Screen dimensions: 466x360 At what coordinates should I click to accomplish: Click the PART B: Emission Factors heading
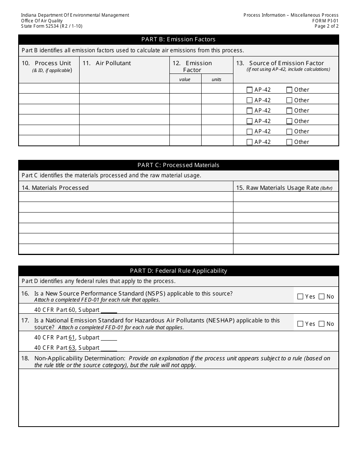pyautogui.click(x=178, y=39)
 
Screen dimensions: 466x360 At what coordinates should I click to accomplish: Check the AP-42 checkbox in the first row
pyautogui.click(x=249, y=90)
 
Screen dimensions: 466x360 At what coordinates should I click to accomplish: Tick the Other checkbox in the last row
pyautogui.click(x=290, y=142)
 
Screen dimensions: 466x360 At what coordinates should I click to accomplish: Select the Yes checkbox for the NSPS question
pyautogui.click(x=301, y=297)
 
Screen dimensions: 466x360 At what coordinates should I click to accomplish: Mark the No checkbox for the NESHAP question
pyautogui.click(x=322, y=324)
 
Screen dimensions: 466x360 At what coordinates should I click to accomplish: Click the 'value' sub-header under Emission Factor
pyautogui.click(x=185, y=79)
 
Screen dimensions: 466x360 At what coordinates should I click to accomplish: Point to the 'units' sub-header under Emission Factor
pyautogui.click(x=217, y=79)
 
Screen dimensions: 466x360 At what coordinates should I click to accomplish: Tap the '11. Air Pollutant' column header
pyautogui.click(x=107, y=63)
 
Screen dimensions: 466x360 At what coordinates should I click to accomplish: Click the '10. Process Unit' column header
pyautogui.click(x=47, y=63)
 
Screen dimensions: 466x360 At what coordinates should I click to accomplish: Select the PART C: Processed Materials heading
pyautogui.click(x=178, y=165)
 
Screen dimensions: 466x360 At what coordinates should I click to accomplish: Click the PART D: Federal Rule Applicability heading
pyautogui.click(x=178, y=271)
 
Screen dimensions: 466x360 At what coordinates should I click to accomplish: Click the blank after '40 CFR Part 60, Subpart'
pyautogui.click(x=109, y=310)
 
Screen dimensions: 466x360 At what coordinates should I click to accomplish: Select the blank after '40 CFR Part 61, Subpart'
pyautogui.click(x=109, y=338)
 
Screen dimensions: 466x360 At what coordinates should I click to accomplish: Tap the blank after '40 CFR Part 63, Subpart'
pyautogui.click(x=109, y=348)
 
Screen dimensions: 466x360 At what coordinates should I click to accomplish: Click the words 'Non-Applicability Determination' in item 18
pyautogui.click(x=80, y=358)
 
